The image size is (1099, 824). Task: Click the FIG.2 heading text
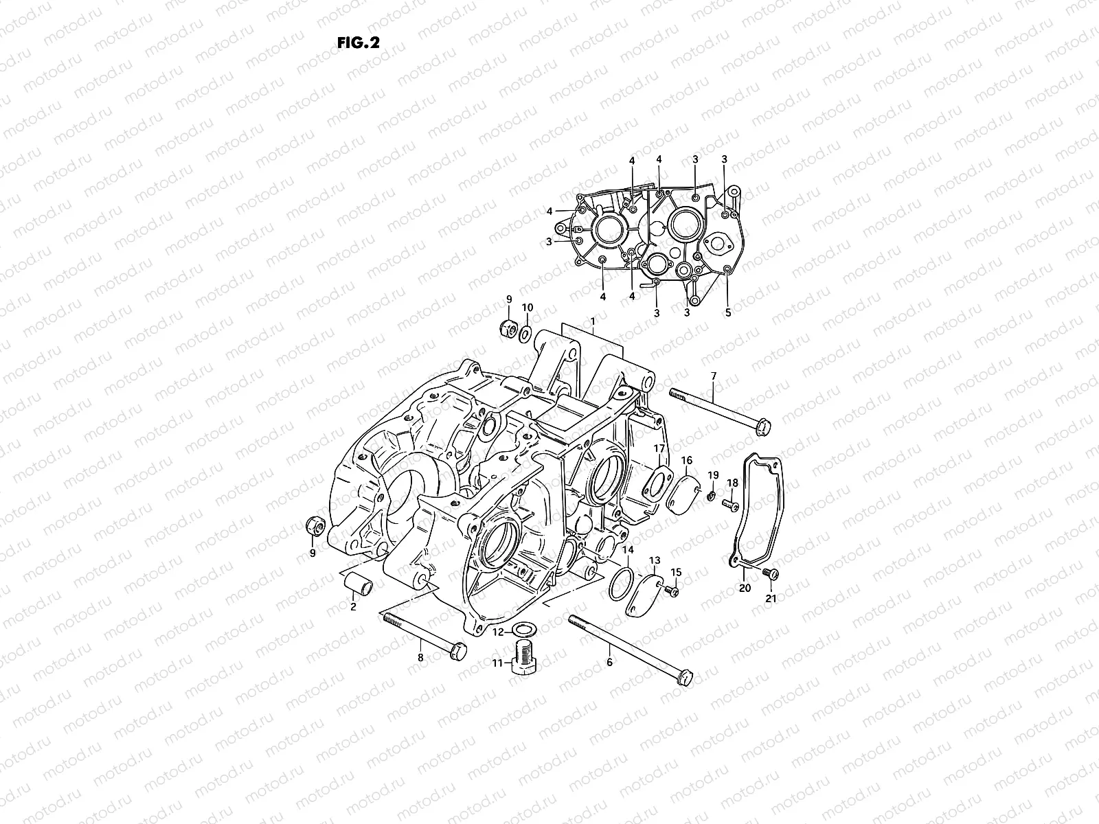[x=359, y=43]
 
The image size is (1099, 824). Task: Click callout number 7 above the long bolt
[x=713, y=376]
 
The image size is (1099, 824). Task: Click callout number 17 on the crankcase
[x=659, y=449]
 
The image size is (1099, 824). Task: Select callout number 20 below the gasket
[x=745, y=588]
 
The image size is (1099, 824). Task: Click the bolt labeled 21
[x=773, y=573]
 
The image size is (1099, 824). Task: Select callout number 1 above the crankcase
[x=593, y=321]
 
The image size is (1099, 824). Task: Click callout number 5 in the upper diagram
[x=728, y=312]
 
